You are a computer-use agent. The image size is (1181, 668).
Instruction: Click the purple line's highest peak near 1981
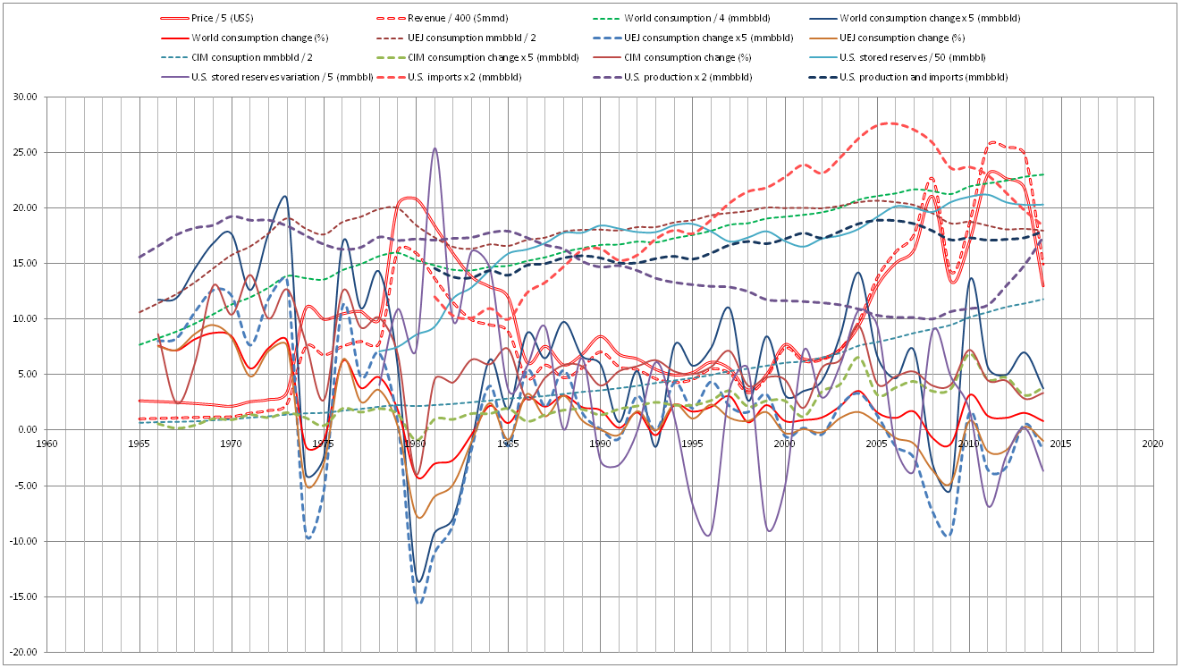pos(434,148)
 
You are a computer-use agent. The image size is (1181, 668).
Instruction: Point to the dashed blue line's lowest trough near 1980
pos(418,603)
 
